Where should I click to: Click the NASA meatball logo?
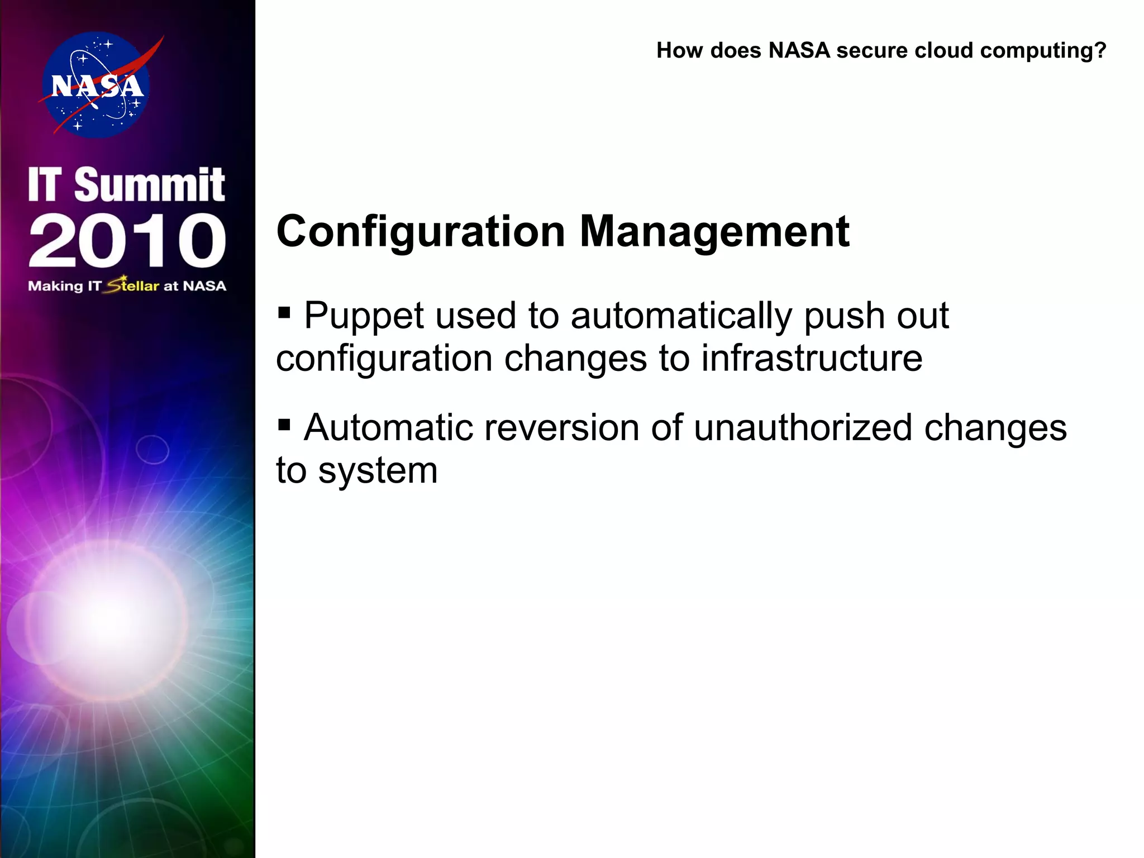click(96, 85)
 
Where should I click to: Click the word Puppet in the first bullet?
click(363, 316)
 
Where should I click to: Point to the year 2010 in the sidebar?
click(127, 240)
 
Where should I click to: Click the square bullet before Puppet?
click(284, 311)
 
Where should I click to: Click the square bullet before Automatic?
click(284, 425)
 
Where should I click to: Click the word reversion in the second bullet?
click(561, 428)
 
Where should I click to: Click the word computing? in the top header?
click(1043, 51)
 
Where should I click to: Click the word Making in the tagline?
click(55, 287)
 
